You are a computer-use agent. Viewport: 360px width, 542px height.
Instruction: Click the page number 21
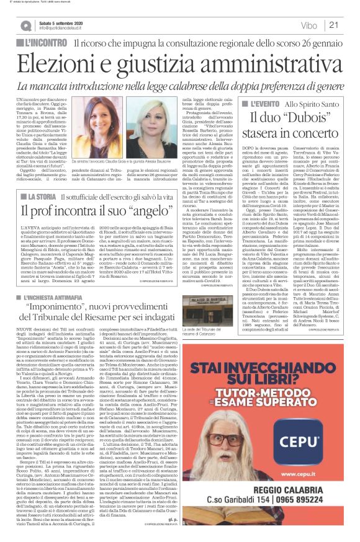pos(334,24)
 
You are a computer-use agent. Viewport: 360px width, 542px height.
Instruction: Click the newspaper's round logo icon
pos(25,25)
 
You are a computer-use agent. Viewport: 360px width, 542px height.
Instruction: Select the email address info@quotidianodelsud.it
pos(65,28)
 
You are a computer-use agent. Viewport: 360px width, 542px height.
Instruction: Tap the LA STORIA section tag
pos(43,179)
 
